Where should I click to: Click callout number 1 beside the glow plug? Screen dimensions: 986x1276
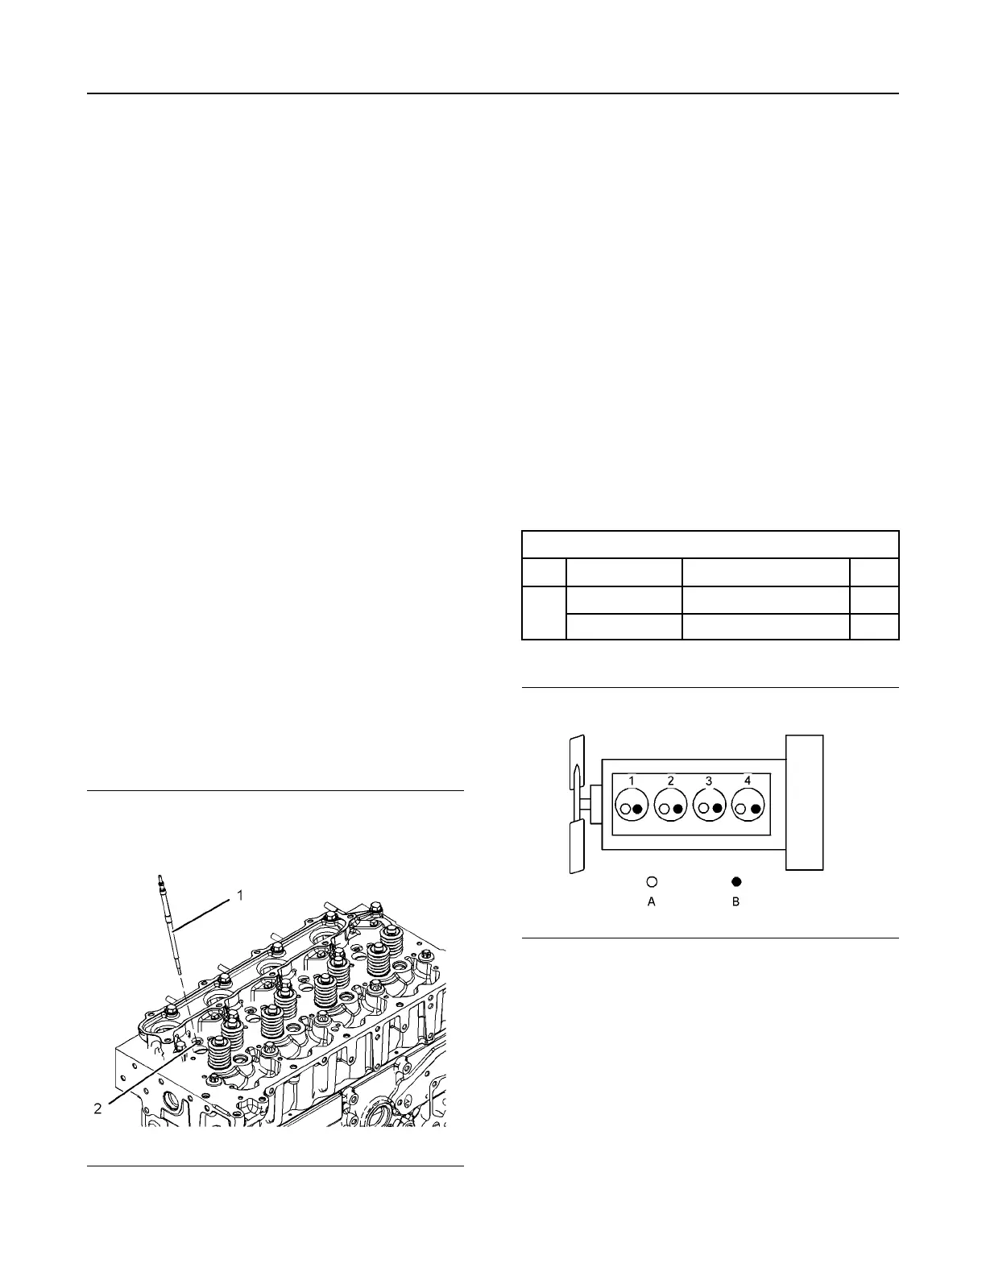tap(239, 894)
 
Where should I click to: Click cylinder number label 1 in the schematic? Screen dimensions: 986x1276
tap(632, 781)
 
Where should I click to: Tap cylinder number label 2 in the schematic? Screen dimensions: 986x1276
tap(670, 781)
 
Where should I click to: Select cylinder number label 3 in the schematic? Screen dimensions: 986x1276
tap(709, 781)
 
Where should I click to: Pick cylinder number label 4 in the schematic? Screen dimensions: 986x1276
tap(748, 781)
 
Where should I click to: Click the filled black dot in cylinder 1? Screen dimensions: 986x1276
tap(638, 809)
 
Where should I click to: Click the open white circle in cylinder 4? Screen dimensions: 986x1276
tap(740, 809)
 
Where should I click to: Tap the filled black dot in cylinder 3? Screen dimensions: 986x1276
tap(717, 809)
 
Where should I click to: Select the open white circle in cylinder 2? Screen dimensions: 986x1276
tap(664, 809)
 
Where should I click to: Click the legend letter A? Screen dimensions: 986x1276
tap(652, 902)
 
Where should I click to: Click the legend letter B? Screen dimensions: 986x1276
tap(735, 902)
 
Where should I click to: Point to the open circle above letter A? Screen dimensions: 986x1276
tap(652, 881)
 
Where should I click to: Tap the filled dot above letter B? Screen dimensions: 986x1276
tap(736, 881)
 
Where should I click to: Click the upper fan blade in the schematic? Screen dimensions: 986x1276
tap(575, 764)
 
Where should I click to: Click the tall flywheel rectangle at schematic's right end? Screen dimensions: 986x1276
tap(804, 802)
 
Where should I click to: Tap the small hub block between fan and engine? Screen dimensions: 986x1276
tap(594, 805)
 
